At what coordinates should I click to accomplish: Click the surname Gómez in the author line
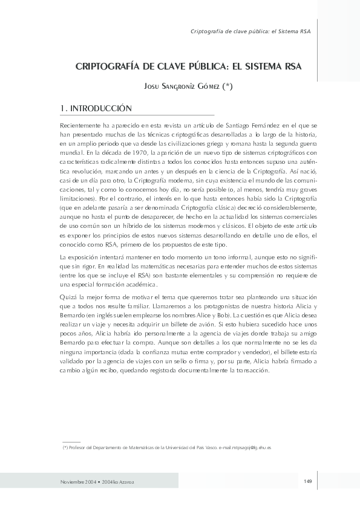(206, 87)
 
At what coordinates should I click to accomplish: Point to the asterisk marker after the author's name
(227, 87)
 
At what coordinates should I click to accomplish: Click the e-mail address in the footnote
(244, 447)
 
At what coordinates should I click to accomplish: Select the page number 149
(307, 481)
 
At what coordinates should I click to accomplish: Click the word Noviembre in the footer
(73, 481)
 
